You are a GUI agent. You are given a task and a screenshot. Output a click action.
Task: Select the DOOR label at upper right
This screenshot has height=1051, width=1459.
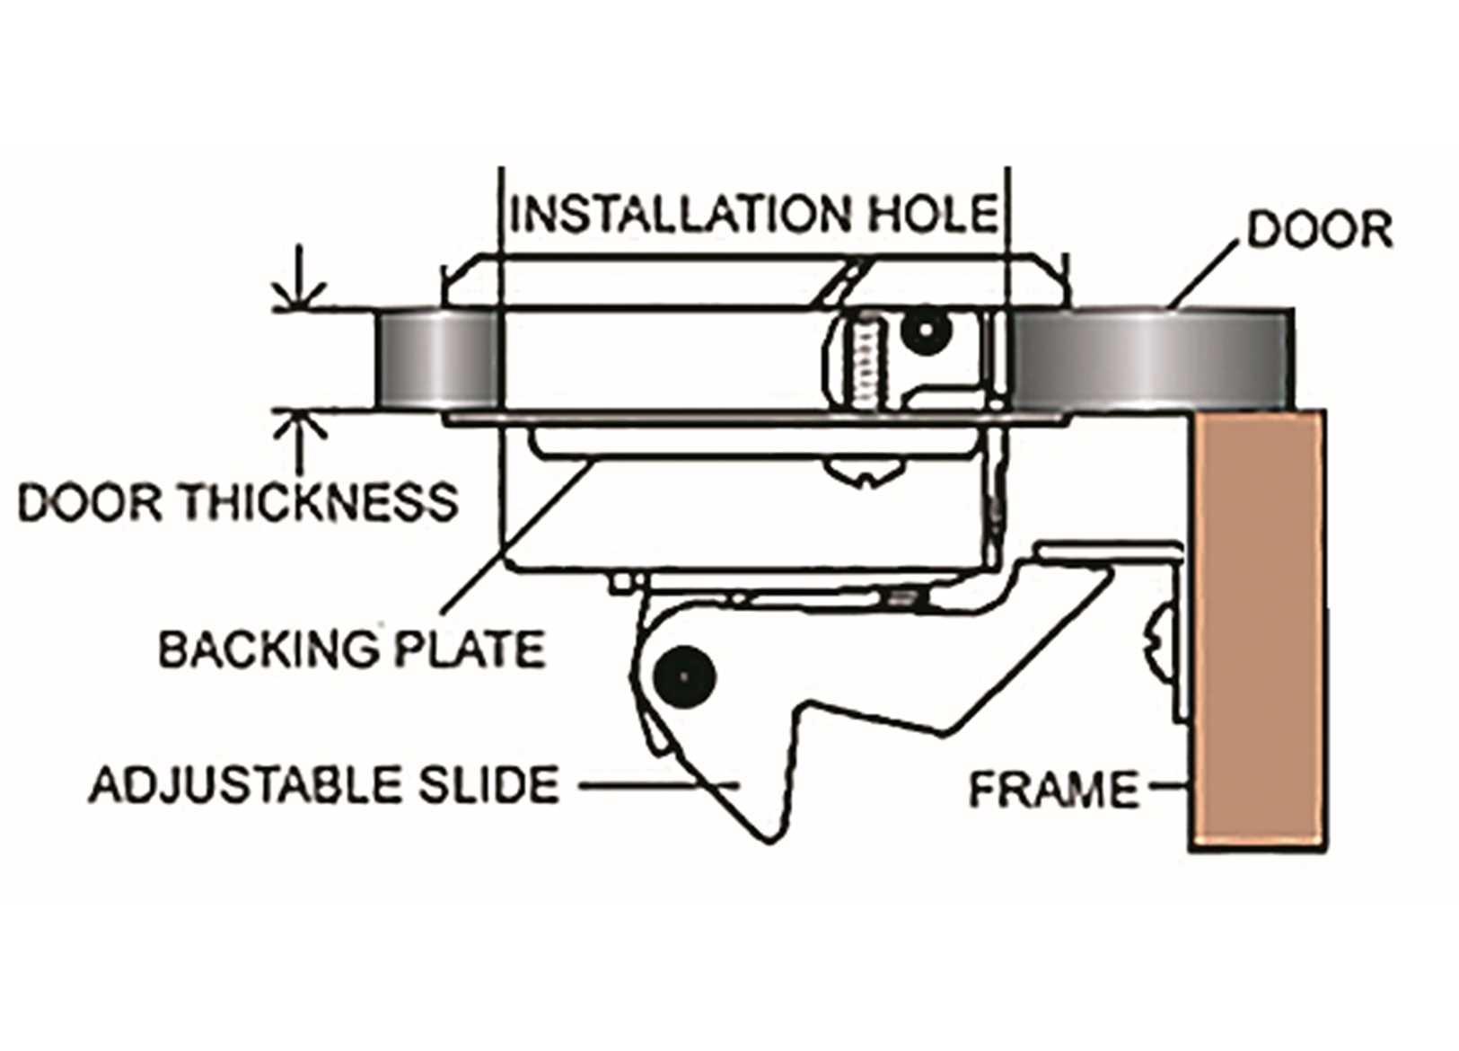click(x=1319, y=230)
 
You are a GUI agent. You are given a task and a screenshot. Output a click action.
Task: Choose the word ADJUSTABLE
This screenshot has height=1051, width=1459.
click(x=242, y=786)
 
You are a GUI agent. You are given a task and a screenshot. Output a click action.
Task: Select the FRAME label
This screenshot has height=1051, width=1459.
click(x=1052, y=790)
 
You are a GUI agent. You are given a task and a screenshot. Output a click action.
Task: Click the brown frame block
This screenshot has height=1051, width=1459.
click(x=1257, y=629)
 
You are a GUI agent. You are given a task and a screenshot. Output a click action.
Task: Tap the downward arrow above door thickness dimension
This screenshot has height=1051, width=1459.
click(x=301, y=287)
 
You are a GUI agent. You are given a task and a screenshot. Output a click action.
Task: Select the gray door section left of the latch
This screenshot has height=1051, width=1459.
click(x=433, y=359)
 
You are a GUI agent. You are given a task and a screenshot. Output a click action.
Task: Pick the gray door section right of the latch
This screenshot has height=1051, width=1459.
click(x=1149, y=359)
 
